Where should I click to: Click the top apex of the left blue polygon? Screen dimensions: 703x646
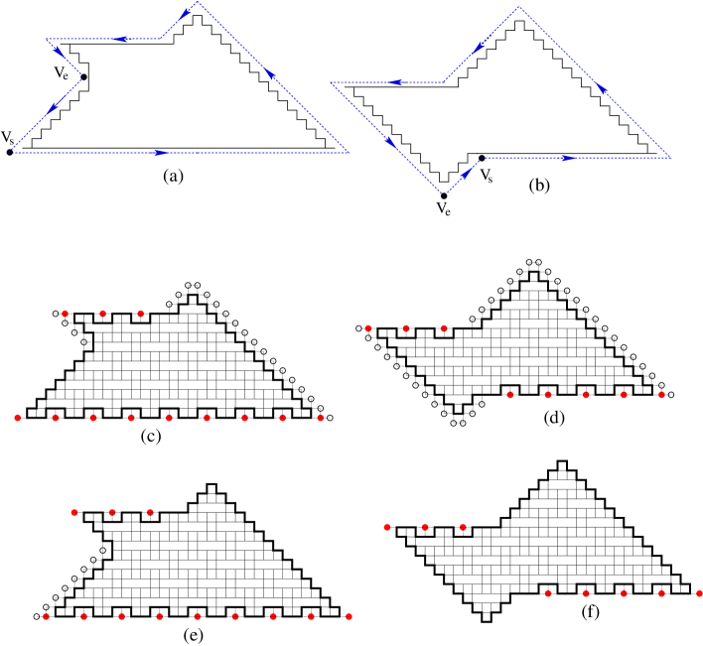(198, 3)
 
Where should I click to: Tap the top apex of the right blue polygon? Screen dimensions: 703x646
(519, 8)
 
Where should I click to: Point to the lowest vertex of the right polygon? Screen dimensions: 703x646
(445, 194)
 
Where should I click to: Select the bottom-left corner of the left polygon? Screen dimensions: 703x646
(12, 152)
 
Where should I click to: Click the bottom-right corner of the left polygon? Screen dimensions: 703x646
(348, 153)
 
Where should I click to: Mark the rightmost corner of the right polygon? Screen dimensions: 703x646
(670, 157)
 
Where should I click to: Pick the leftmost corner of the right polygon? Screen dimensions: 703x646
(331, 83)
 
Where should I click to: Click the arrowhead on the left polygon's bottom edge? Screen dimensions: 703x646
(160, 153)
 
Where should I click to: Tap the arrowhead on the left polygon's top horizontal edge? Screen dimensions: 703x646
(124, 40)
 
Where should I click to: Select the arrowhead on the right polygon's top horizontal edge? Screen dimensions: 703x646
(397, 83)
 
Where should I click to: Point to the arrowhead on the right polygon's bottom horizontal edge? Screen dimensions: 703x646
(566, 158)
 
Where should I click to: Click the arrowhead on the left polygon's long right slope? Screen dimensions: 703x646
(271, 75)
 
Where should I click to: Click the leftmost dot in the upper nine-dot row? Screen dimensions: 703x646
(18, 418)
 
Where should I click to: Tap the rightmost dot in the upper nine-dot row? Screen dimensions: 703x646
(321, 418)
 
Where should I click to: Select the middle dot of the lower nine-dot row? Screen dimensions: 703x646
(198, 616)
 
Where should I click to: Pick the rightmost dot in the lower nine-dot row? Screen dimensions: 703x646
(349, 616)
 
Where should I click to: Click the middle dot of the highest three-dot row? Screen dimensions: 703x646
(103, 314)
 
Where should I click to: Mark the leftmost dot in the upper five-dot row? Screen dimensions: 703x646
(510, 395)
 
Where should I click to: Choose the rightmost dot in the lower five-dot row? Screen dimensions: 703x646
(699, 593)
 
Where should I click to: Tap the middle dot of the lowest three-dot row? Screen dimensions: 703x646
(425, 527)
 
